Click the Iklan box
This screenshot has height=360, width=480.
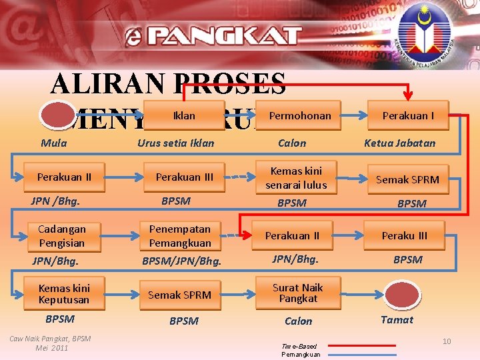coord(185,116)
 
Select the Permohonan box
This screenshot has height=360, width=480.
coord(300,116)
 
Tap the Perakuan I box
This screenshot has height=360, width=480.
coord(407,116)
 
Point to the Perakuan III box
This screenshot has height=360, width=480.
coord(185,177)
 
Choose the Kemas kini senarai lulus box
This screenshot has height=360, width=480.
coord(296,178)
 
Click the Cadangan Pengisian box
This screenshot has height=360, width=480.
coord(62,236)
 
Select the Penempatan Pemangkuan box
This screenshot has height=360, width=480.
coord(180,236)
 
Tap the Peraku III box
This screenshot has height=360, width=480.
coord(405,236)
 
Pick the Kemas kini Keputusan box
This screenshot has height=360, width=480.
coord(63,294)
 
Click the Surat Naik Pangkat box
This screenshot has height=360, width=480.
coord(297,293)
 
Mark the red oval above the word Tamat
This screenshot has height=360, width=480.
coord(398,295)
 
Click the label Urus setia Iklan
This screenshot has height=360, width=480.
coord(176,143)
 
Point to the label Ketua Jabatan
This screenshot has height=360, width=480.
coord(399,143)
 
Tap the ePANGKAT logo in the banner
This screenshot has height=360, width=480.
coord(213,35)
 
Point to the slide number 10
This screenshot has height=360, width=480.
coord(447,341)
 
